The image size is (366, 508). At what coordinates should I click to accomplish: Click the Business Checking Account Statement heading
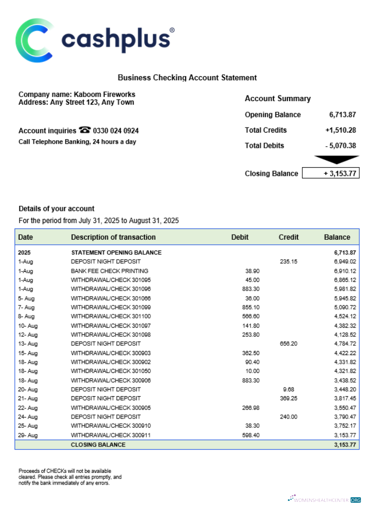pos(187,78)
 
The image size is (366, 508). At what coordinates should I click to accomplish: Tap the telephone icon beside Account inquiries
pos(84,131)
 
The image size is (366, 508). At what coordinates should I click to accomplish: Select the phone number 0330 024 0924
pos(115,131)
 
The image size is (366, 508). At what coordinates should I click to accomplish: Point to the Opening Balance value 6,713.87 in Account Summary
pos(343,115)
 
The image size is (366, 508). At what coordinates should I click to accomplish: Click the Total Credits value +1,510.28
pos(340,131)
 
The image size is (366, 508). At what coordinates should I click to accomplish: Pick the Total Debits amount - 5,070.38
pos(341,146)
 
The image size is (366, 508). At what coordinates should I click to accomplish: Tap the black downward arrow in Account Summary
pos(337,160)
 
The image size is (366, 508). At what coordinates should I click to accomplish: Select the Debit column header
pos(240,237)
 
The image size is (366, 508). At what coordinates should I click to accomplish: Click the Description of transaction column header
pos(113,237)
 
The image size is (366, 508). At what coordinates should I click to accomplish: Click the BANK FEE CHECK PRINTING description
pos(109,271)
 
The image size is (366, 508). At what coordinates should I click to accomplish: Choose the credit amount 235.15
pos(288,262)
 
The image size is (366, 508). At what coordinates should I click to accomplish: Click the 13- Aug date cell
pos(28,344)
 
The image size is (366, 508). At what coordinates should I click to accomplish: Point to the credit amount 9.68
pos(288,390)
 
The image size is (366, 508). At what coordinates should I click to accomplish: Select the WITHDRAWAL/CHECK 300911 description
pos(111,435)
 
